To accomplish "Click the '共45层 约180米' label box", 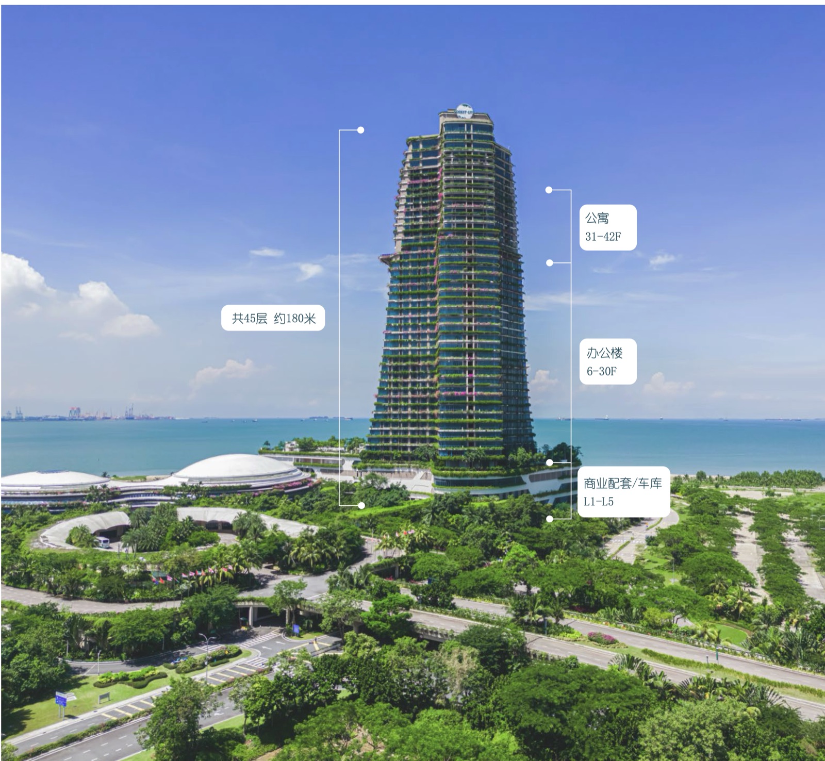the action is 273,318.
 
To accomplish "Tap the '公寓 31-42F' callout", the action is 608,227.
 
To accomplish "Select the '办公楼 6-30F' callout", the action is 607,361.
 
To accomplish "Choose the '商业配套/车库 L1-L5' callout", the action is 623,492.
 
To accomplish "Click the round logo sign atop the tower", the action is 465,111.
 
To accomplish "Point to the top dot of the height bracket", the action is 361,130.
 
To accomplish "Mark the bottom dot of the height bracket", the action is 361,505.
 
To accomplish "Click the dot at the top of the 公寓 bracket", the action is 549,190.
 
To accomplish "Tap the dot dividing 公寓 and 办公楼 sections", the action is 550,263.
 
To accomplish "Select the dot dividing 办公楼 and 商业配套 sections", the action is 550,462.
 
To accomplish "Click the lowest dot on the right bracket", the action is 550,519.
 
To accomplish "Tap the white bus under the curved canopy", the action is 102,542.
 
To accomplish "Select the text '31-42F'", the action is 603,237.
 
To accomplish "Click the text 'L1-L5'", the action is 599,501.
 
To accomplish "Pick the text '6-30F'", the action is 601,371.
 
